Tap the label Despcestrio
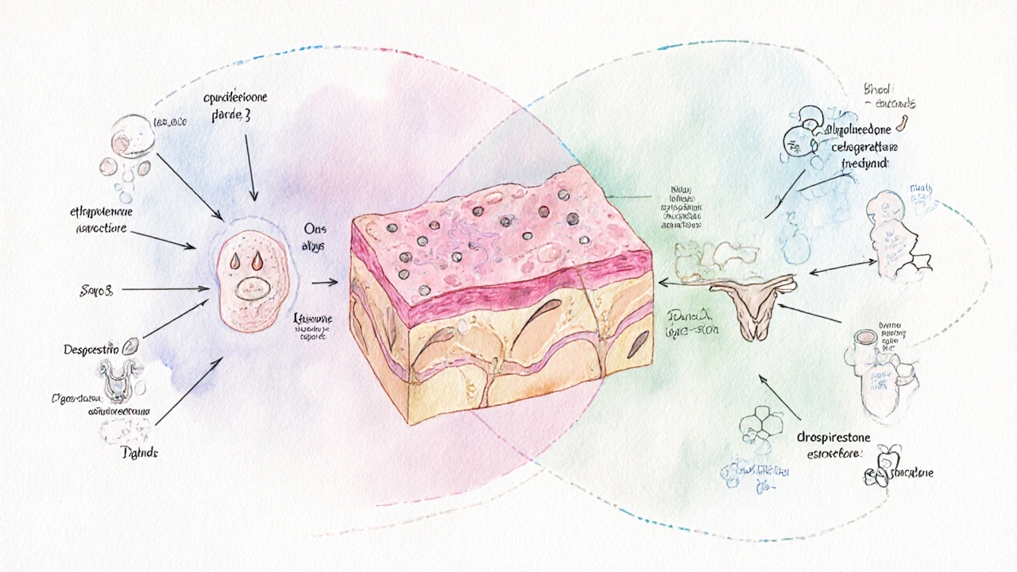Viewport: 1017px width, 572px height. pyautogui.click(x=91, y=349)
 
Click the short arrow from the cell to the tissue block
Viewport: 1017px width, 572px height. pyautogui.click(x=323, y=281)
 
